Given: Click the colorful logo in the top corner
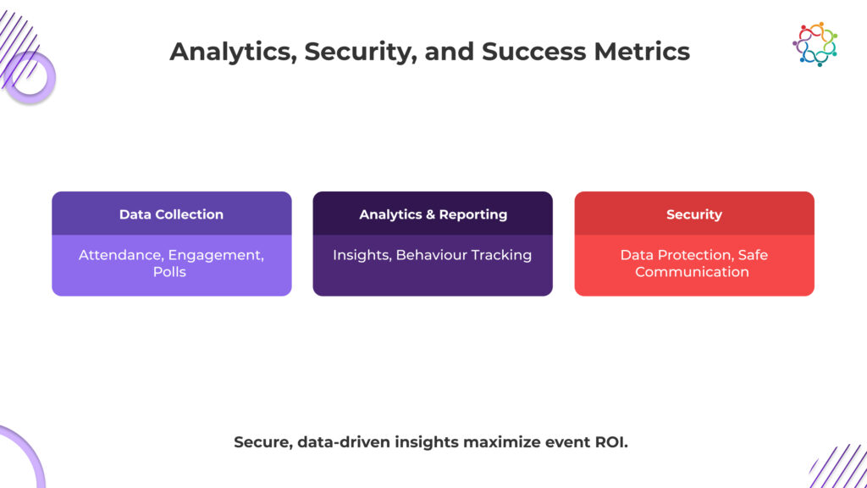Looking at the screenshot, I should pos(815,44).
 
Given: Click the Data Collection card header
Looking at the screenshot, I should pos(171,214).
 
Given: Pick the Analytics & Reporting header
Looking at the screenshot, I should pos(433,214).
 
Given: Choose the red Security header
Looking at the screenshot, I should pos(693,214).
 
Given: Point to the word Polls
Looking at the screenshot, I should pos(171,272).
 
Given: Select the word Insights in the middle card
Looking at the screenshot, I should pos(361,255).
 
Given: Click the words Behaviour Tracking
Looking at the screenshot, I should pos(464,255).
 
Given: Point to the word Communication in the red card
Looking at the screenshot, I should pos(692,272).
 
